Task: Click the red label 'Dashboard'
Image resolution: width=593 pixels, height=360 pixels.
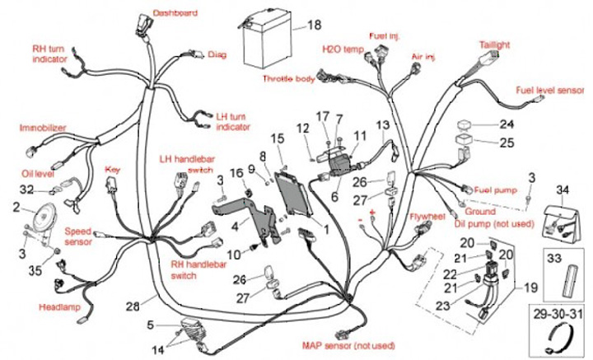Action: click(175, 14)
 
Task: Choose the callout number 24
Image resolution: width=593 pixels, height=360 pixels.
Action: click(506, 125)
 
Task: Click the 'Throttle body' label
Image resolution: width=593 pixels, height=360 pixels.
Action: click(288, 79)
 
